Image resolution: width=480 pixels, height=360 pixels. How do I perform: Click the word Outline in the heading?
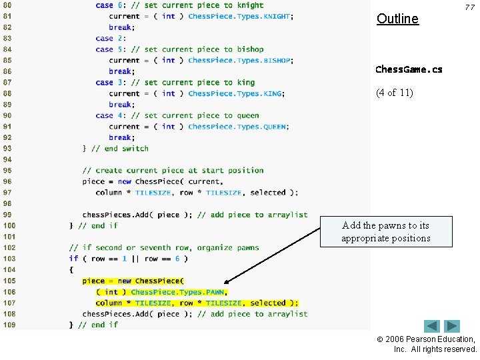tap(397, 19)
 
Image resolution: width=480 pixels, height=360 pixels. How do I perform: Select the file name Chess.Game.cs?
tap(409, 69)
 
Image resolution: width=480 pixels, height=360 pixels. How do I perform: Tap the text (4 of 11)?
tap(395, 93)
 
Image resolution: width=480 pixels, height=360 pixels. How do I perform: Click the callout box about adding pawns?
tap(386, 232)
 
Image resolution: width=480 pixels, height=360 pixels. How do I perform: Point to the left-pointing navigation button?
tap(433, 326)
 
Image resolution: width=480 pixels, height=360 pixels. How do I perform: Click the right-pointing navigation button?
tap(453, 326)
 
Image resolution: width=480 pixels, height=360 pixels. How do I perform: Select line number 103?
tap(9, 259)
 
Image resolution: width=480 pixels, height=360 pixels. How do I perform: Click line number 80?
tap(9, 5)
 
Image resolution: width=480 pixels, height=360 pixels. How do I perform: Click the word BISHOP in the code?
tap(277, 60)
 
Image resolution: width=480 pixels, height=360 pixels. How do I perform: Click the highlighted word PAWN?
tap(214, 292)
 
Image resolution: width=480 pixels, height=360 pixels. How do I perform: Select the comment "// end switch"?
tap(120, 149)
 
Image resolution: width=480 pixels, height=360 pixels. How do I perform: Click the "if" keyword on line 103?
tap(73, 259)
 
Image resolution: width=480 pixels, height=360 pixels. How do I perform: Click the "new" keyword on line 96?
tap(125, 181)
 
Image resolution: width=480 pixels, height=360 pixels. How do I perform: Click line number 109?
tap(9, 325)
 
